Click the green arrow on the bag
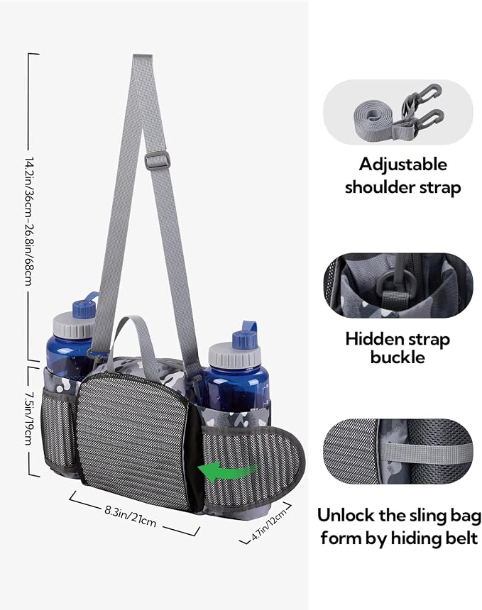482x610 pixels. click(x=228, y=472)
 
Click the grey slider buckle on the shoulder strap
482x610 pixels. click(x=158, y=161)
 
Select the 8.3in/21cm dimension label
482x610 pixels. click(x=131, y=516)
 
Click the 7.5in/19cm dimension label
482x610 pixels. click(x=28, y=418)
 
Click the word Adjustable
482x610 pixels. click(x=403, y=165)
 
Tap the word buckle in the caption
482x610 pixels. click(x=398, y=357)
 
